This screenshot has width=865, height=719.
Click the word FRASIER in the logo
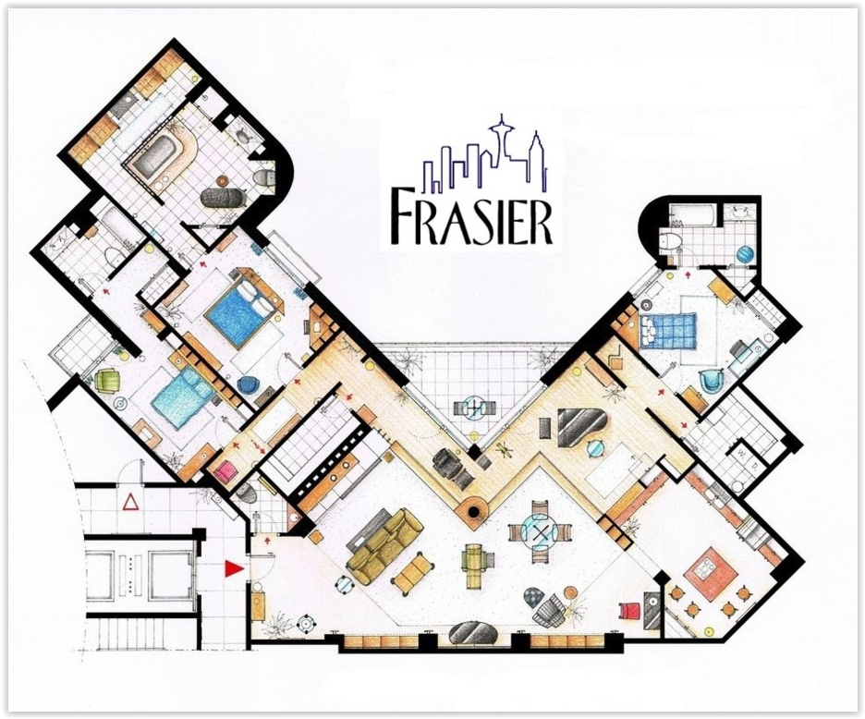[x=471, y=217]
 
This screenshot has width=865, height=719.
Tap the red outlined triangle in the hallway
[x=131, y=502]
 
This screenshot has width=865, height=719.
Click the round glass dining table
[x=540, y=533]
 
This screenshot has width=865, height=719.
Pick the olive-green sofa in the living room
[x=384, y=546]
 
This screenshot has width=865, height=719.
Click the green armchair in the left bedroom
[x=106, y=382]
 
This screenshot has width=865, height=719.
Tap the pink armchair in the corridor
[x=226, y=473]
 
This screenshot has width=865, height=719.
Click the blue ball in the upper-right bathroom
[x=744, y=255]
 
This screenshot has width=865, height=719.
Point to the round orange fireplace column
[x=473, y=509]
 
